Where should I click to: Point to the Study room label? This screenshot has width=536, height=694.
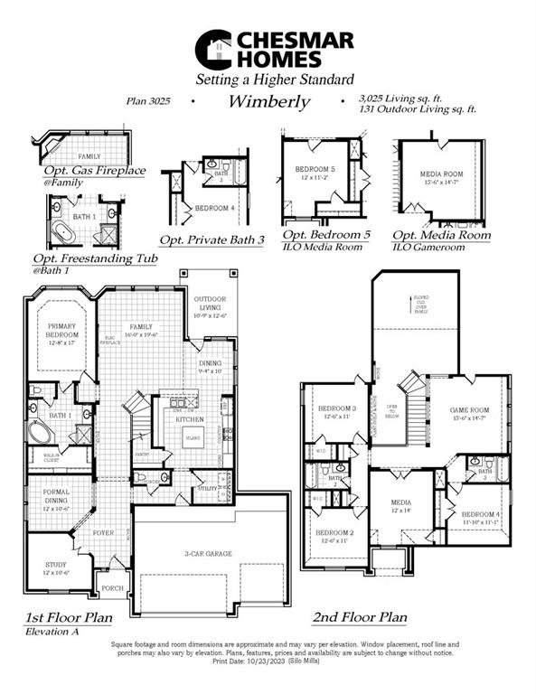click(56, 568)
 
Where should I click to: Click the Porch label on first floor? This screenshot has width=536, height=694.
click(112, 588)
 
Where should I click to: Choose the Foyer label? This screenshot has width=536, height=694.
click(103, 533)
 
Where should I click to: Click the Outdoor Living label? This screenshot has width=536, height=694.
click(209, 306)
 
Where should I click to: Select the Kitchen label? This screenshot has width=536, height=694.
click(189, 419)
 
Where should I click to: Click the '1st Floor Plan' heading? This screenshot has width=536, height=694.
click(69, 618)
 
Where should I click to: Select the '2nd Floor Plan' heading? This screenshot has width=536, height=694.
click(359, 618)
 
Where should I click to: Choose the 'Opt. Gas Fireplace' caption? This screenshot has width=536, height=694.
click(94, 170)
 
